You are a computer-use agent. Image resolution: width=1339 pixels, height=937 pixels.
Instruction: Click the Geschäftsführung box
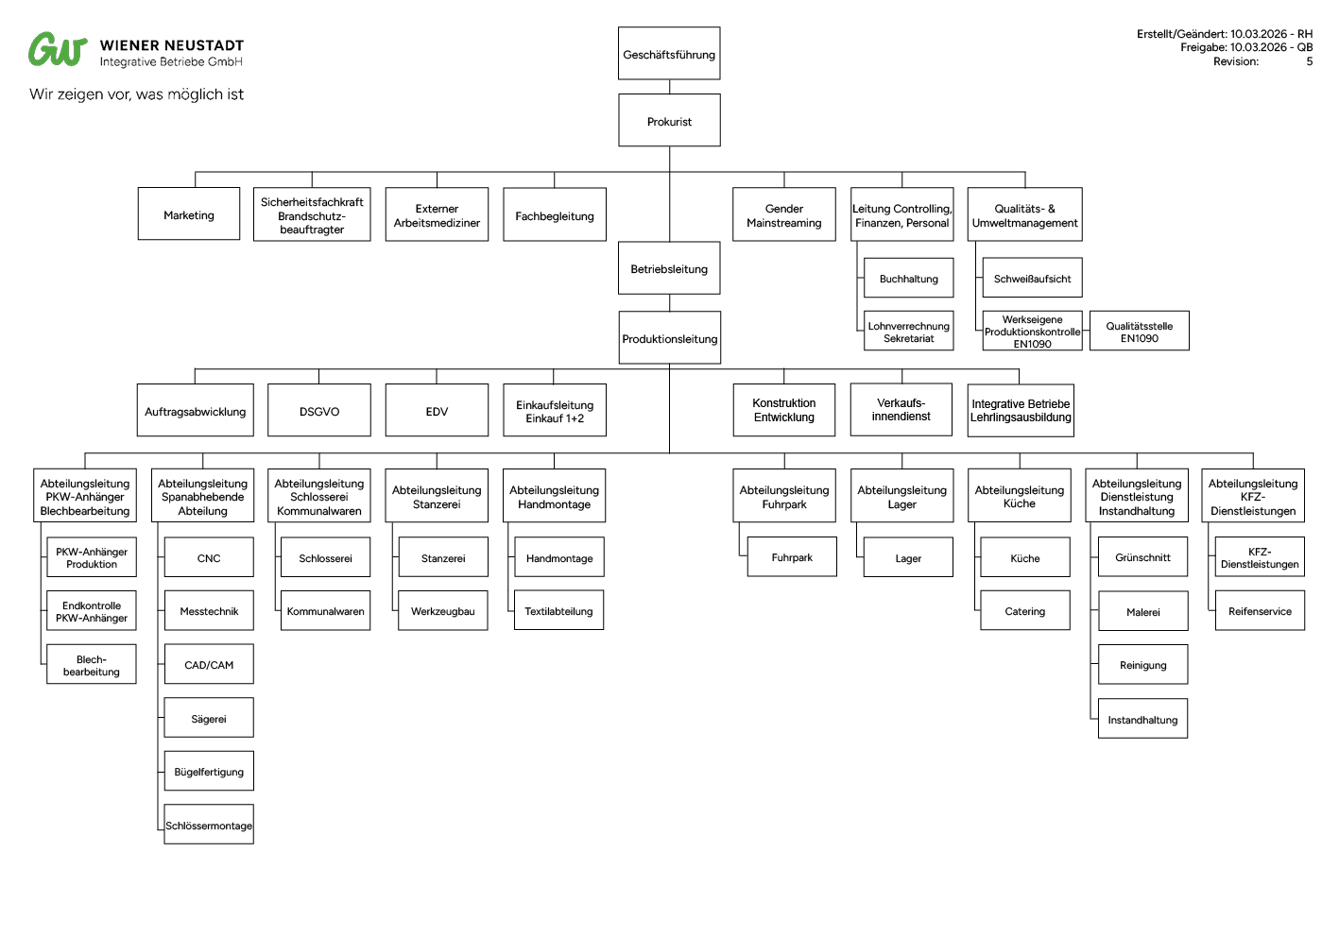[669, 54]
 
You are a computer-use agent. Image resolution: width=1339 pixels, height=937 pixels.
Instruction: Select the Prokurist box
[669, 121]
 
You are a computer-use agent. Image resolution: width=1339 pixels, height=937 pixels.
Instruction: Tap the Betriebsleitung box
[669, 269]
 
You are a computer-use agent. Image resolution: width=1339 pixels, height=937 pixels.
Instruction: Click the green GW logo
[58, 50]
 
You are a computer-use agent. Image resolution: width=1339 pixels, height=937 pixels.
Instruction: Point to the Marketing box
[189, 214]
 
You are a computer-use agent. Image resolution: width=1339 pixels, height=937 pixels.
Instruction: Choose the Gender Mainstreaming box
[784, 215]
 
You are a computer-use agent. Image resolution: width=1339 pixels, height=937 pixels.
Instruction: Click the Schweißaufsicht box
[1032, 279]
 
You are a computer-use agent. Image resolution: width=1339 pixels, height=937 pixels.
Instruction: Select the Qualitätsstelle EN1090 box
[1139, 332]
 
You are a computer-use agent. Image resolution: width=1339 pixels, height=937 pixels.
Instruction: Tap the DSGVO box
[319, 411]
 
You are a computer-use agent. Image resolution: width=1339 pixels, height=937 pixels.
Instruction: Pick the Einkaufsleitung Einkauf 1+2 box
[555, 411]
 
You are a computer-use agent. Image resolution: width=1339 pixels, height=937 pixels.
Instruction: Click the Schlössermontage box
[209, 825]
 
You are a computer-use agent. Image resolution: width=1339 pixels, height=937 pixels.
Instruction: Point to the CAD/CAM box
[209, 664]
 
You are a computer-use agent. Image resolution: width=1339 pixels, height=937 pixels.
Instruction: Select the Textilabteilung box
[558, 611]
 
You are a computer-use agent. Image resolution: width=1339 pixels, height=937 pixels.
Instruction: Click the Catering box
[1025, 611]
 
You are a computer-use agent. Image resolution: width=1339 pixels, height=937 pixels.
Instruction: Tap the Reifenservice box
[1260, 611]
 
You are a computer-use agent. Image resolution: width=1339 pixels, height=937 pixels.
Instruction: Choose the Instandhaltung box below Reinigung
[1142, 719]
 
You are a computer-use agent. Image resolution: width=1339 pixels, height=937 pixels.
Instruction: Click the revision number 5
[1309, 61]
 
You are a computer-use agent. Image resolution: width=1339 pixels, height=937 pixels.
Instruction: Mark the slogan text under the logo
[136, 94]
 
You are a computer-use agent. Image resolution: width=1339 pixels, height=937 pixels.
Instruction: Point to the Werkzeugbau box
[442, 611]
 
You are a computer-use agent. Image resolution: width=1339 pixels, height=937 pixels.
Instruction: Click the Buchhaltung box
[908, 279]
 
